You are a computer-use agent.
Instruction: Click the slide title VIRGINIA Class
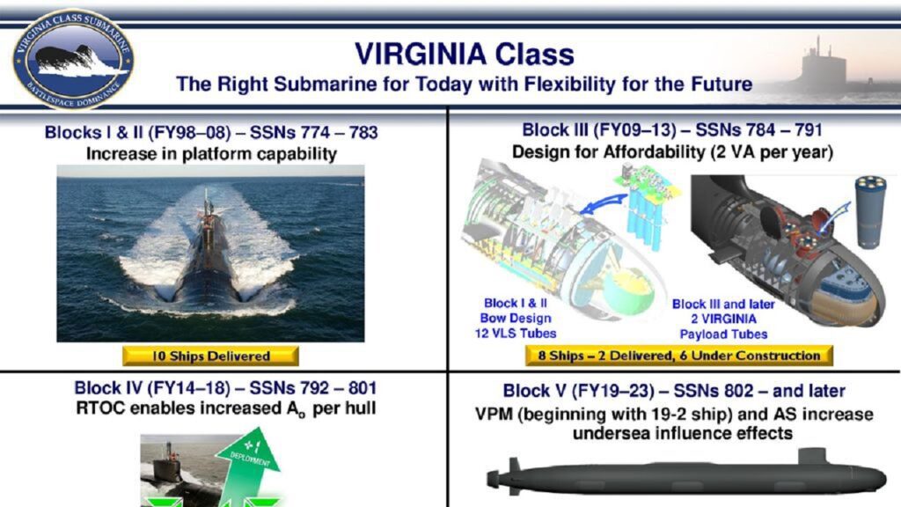(x=464, y=54)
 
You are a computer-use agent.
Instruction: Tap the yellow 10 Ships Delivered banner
(x=210, y=356)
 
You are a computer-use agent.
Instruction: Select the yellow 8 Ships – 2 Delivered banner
(x=678, y=356)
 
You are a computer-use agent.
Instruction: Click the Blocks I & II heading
(x=211, y=134)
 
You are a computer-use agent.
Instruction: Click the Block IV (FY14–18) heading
(x=226, y=387)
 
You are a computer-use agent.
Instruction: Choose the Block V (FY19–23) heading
(x=674, y=390)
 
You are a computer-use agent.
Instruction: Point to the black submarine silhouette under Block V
(x=686, y=476)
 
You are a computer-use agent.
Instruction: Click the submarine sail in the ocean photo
(x=208, y=207)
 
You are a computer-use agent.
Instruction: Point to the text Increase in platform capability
(x=211, y=154)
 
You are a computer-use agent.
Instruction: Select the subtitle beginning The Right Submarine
(x=464, y=84)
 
